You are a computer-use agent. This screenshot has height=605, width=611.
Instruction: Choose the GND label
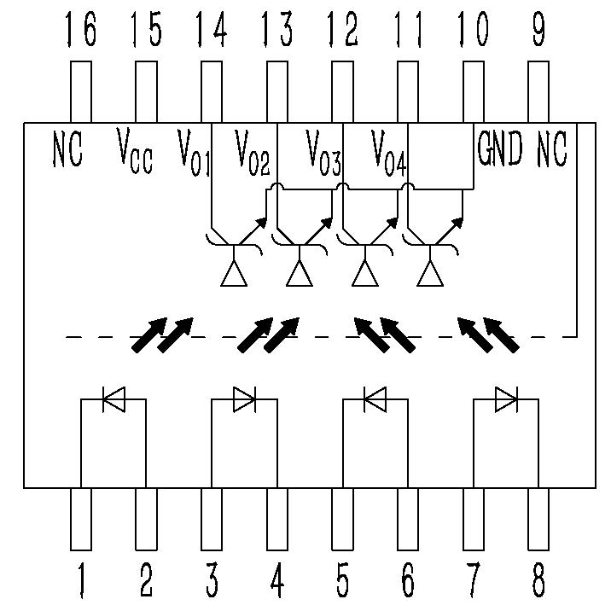(x=500, y=149)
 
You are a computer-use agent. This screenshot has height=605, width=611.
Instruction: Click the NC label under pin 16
(x=68, y=149)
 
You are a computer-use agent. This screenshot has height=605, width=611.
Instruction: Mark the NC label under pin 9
(x=552, y=149)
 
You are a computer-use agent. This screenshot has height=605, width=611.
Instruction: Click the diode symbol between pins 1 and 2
(x=113, y=399)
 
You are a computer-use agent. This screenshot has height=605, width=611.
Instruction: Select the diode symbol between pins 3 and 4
(x=244, y=399)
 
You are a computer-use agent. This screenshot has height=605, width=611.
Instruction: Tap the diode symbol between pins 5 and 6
(x=374, y=399)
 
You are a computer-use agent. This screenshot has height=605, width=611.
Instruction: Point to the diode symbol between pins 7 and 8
(x=505, y=399)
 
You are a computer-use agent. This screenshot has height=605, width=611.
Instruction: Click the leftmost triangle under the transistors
(x=234, y=275)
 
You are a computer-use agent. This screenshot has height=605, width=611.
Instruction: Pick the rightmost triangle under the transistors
(x=430, y=275)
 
